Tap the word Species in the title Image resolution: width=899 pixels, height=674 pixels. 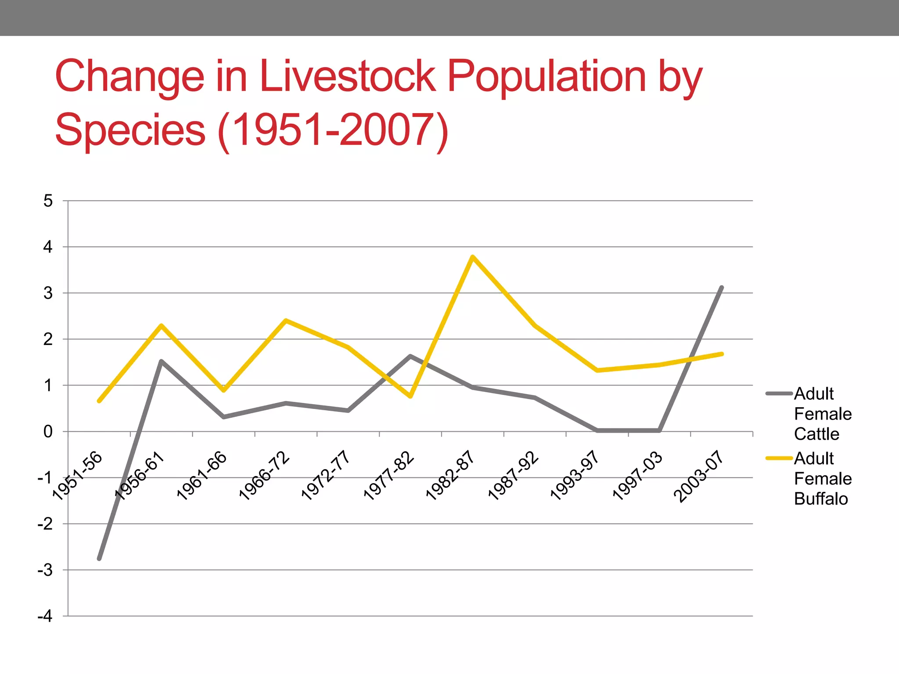click(x=130, y=130)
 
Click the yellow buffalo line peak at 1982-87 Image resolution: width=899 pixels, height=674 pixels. click(x=472, y=257)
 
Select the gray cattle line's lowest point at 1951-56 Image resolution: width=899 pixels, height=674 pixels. click(x=99, y=559)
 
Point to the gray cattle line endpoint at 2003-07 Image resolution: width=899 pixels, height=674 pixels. click(x=722, y=287)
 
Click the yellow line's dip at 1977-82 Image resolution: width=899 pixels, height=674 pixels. click(x=410, y=396)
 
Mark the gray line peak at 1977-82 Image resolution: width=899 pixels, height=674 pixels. click(x=410, y=356)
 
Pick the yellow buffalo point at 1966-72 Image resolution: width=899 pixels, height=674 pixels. click(x=286, y=320)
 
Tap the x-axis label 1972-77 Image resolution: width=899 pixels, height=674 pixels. click(x=325, y=475)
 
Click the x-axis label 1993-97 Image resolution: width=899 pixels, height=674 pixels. click(x=574, y=475)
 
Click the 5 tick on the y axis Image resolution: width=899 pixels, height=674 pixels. click(x=48, y=201)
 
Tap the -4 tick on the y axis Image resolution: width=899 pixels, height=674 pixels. click(x=45, y=616)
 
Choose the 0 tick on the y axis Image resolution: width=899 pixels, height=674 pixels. click(x=48, y=432)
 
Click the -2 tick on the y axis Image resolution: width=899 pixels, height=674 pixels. click(x=45, y=524)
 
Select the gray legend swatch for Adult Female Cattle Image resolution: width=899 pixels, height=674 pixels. click(x=779, y=394)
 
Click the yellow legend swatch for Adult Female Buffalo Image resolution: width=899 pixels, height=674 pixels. click(x=779, y=458)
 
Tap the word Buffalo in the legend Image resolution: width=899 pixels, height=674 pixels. click(x=821, y=499)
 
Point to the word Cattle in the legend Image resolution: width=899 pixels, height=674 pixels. click(x=816, y=434)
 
